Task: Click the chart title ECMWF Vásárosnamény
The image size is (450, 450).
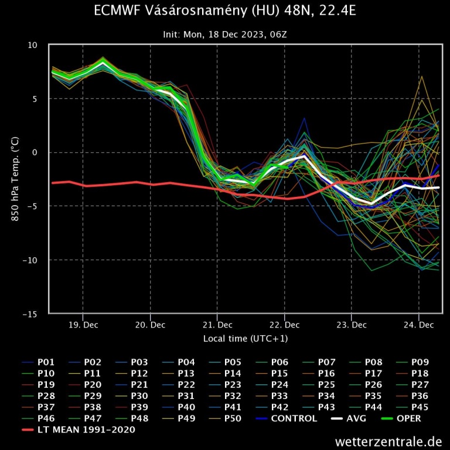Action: click(224, 12)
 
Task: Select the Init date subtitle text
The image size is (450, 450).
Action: click(224, 35)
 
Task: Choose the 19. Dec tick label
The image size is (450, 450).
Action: click(83, 325)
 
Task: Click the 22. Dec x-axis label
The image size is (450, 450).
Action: click(284, 325)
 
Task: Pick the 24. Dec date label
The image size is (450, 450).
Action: click(419, 325)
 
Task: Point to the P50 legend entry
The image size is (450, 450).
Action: click(233, 418)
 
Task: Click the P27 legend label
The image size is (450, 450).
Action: click(420, 384)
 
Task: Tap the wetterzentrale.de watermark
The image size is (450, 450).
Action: click(388, 441)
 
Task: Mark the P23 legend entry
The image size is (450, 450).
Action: click(233, 384)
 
